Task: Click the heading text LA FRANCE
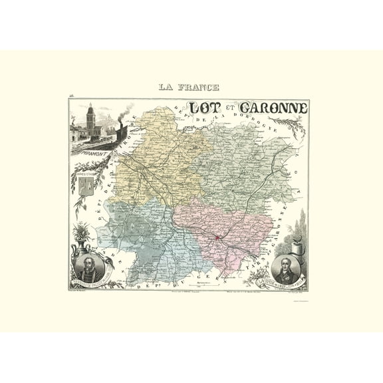(188, 87)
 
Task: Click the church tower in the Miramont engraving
(90, 118)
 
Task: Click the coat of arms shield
(85, 188)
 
